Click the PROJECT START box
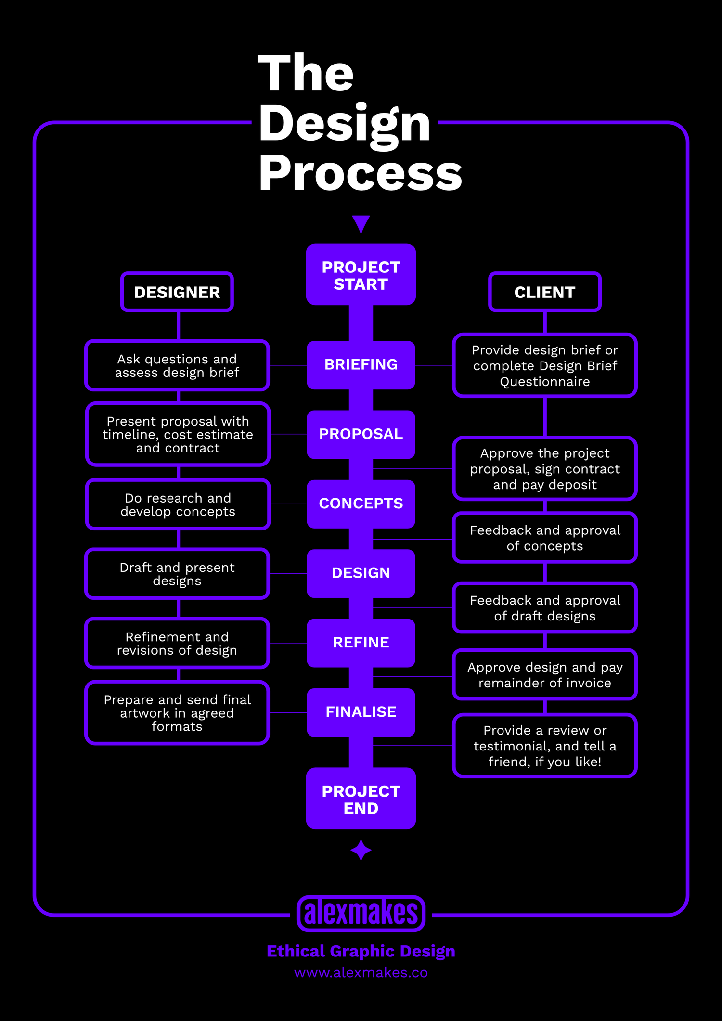361,274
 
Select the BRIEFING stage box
361,365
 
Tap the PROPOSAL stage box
361,434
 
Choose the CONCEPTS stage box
361,504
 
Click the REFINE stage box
361,643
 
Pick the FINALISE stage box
361,712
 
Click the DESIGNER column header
177,292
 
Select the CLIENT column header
545,292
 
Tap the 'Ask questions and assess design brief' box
177,366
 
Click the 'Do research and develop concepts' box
178,504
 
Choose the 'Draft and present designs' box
177,574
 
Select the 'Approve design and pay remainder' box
545,675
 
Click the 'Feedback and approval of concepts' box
545,538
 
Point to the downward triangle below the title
361,222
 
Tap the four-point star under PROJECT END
361,850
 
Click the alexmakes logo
361,913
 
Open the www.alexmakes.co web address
361,973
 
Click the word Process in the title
361,174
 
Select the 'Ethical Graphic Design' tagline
361,951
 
